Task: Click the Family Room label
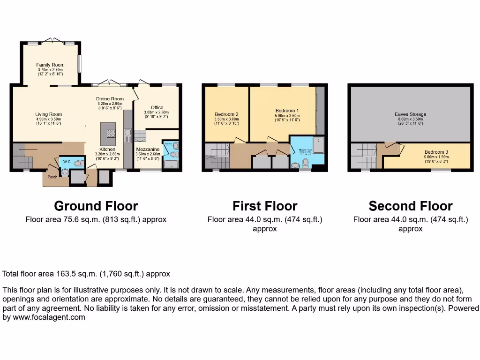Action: click(x=50, y=65)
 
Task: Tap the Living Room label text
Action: click(x=49, y=114)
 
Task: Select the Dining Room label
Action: click(x=110, y=99)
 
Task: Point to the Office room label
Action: click(x=157, y=108)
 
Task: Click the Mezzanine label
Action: click(x=148, y=149)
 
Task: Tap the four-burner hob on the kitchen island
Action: click(x=111, y=133)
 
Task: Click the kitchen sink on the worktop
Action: click(x=127, y=136)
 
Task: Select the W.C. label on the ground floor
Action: click(x=67, y=162)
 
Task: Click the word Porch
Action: click(x=52, y=177)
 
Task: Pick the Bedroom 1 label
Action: click(x=287, y=111)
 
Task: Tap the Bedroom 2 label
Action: click(x=227, y=114)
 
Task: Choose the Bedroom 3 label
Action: click(x=436, y=152)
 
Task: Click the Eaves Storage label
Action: click(x=410, y=114)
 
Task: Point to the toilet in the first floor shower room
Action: click(x=305, y=163)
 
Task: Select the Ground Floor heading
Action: click(x=96, y=206)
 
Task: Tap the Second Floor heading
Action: click(x=411, y=206)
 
